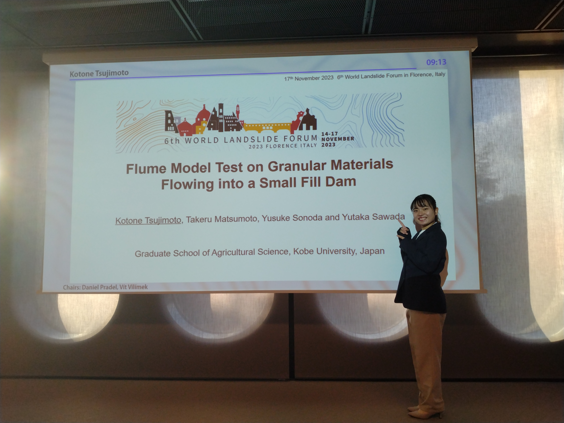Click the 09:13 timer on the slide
pyautogui.click(x=436, y=62)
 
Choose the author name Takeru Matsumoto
pyautogui.click(x=221, y=219)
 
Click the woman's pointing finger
pyautogui.click(x=400, y=223)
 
